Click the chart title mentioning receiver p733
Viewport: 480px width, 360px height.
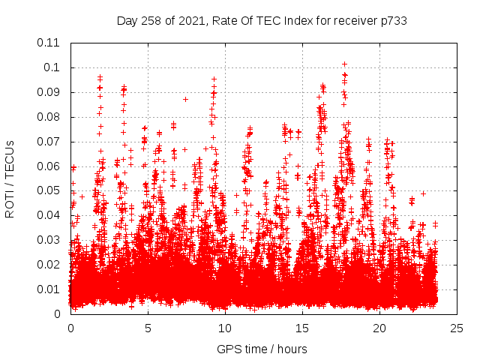262,20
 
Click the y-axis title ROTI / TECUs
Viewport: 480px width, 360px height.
10,178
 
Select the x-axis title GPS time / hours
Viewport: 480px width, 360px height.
262,349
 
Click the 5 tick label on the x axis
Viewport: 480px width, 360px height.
148,328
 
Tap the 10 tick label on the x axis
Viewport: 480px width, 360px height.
225,328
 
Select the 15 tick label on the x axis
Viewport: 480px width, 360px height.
302,328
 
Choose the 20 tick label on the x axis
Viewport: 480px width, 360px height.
379,328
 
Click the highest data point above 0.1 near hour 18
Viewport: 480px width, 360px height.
344,64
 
